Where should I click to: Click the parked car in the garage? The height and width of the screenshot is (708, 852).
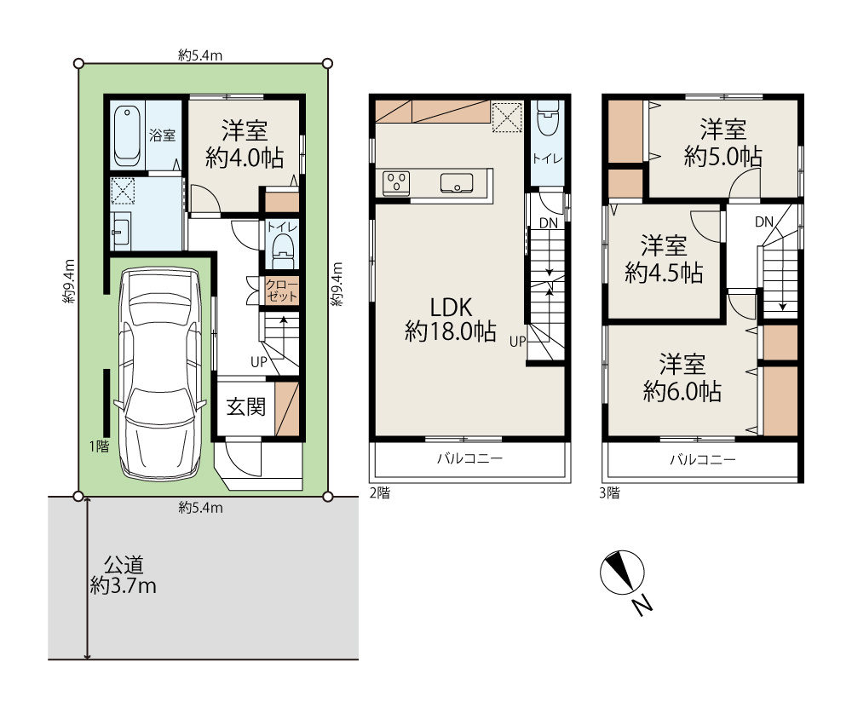(x=160, y=374)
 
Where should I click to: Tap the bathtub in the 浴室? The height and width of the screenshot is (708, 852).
(x=128, y=135)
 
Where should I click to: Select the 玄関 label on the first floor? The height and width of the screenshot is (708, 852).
(x=246, y=406)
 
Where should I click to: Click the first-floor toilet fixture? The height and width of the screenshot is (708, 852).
(x=283, y=251)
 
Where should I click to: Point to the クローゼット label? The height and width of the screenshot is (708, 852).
(x=281, y=291)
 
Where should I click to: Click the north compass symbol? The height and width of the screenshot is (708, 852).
(x=622, y=573)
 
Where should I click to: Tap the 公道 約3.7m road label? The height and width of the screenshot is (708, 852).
(x=124, y=575)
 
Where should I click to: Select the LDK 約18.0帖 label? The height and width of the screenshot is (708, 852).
(x=451, y=319)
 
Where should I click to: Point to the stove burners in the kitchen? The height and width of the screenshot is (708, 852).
(x=396, y=182)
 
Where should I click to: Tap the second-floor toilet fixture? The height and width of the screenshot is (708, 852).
(x=547, y=118)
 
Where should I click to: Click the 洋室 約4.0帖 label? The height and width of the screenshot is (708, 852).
(x=245, y=145)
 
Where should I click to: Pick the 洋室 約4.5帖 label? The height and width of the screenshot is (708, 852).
(x=664, y=259)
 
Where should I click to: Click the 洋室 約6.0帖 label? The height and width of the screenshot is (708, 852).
(x=682, y=377)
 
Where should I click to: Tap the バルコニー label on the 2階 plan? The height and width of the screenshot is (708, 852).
(x=470, y=458)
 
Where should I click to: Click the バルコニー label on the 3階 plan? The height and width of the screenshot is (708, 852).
(x=703, y=460)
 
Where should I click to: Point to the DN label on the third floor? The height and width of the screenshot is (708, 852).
(x=764, y=222)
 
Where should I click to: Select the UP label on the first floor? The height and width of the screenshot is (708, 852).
(x=259, y=362)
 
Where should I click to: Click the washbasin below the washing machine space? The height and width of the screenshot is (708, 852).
(x=121, y=230)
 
